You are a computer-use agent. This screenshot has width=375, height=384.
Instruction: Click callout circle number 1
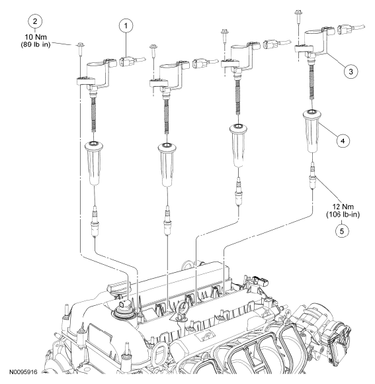[126, 26]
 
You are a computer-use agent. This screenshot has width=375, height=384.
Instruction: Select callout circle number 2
[35, 21]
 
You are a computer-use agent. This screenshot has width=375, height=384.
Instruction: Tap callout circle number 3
[351, 72]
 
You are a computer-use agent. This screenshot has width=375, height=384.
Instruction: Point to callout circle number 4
[343, 141]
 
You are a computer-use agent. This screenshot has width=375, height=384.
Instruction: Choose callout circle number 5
[342, 231]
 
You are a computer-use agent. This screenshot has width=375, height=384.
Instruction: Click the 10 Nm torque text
[36, 37]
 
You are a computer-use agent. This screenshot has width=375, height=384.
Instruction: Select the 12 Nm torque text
[343, 207]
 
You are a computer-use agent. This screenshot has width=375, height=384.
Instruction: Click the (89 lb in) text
[36, 45]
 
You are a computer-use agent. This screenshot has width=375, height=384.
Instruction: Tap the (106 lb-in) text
[343, 215]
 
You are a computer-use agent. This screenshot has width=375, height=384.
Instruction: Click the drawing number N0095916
[24, 373]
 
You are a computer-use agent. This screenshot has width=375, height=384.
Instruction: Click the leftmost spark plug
[94, 221]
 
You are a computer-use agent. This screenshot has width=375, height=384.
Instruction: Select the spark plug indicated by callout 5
[312, 175]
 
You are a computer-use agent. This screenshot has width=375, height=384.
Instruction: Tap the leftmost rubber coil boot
[93, 163]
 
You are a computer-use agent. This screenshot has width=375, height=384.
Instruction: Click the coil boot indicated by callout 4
[312, 132]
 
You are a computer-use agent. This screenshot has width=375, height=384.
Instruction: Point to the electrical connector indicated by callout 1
[126, 61]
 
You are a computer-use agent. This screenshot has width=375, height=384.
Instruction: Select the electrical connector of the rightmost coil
[344, 30]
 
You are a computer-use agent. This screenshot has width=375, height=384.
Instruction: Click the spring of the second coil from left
[167, 118]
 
